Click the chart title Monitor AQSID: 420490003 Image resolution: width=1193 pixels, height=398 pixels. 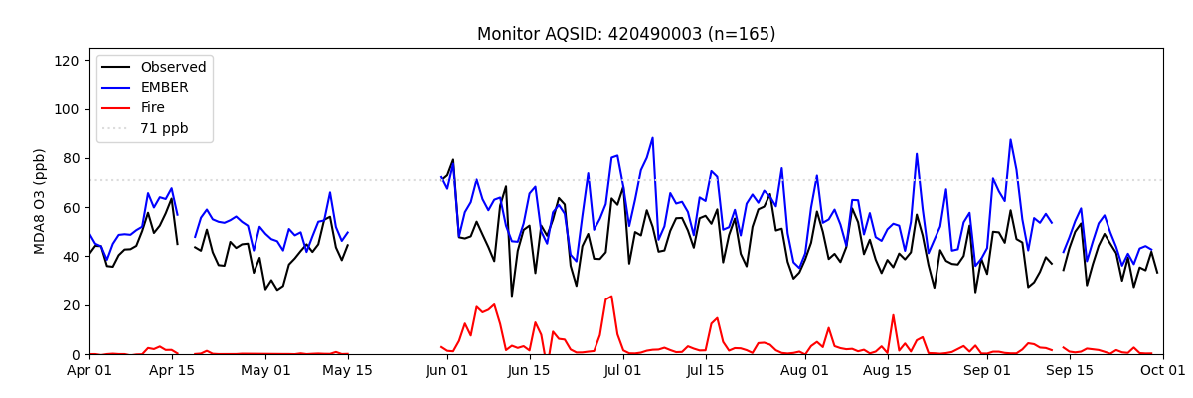(x=626, y=34)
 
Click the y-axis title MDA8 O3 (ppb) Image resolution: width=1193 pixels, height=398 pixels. (x=40, y=201)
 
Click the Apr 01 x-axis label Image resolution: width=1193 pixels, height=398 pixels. (x=89, y=371)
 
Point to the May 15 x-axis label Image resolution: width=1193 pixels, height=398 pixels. (x=348, y=371)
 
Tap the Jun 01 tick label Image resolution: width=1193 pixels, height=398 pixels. (x=447, y=371)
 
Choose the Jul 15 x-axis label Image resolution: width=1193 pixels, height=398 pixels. (x=706, y=371)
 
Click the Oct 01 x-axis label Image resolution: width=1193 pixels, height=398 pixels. (x=1162, y=371)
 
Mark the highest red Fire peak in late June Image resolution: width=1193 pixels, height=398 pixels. (x=611, y=297)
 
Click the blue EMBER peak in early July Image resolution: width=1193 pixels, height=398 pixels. (x=652, y=138)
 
